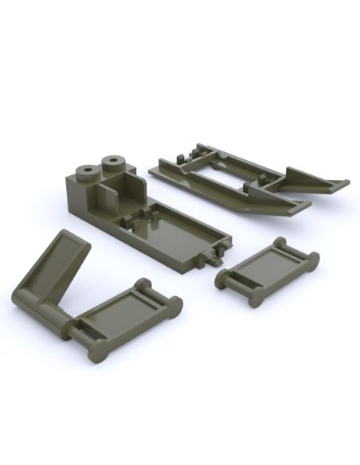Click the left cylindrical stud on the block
pyautogui.click(x=84, y=170)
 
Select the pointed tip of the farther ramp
pyautogui.click(x=344, y=184)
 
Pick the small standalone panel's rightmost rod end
pyautogui.click(x=313, y=260)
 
